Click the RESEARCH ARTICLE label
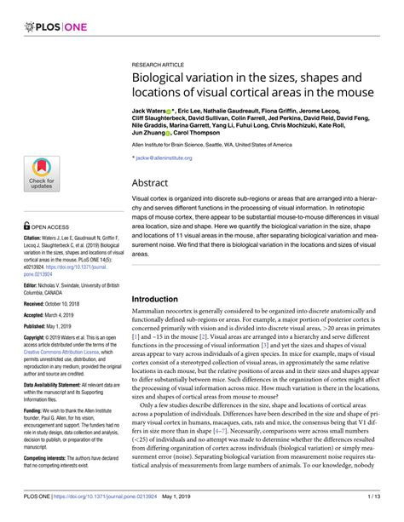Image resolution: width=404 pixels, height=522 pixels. pyautogui.click(x=161, y=64)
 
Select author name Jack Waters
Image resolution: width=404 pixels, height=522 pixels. pyautogui.click(x=150, y=112)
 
